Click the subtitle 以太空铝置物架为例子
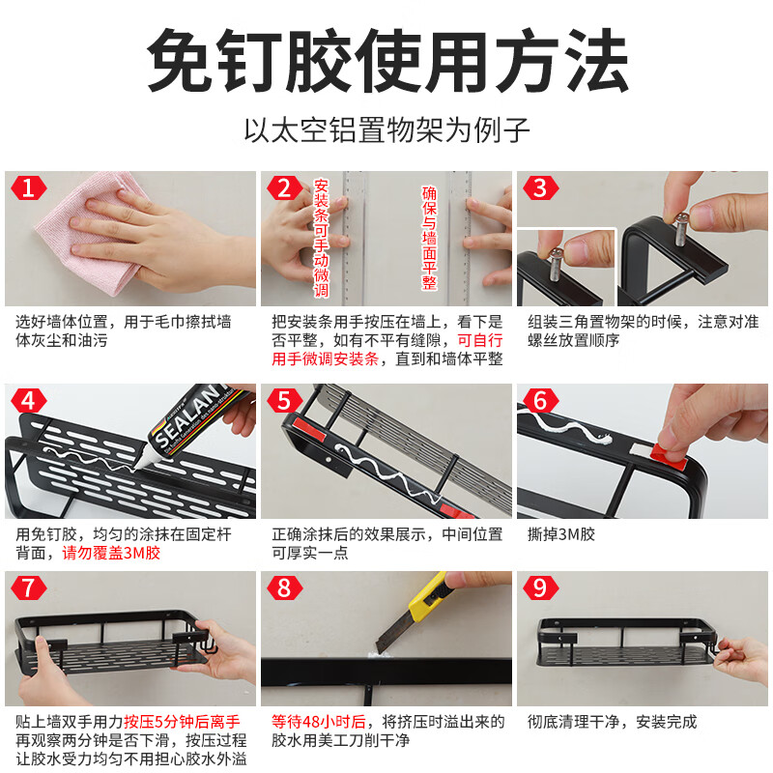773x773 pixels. point(386,129)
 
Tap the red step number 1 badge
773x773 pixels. point(27,187)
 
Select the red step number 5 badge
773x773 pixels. point(283,400)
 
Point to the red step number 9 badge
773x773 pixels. point(540,587)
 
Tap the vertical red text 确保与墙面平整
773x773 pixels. point(430,238)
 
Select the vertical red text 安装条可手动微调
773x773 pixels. point(322,238)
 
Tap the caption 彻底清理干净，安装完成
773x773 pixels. point(612,722)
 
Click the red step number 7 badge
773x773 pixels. point(27,587)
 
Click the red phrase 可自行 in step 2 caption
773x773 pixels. point(480,339)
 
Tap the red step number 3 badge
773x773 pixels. point(540,187)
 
